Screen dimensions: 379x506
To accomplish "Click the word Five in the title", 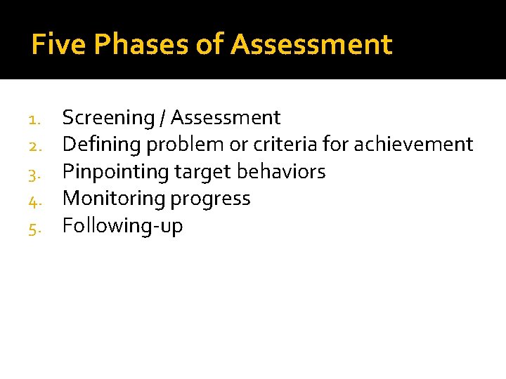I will click(58, 45).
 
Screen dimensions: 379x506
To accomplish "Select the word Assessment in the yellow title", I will click(311, 45).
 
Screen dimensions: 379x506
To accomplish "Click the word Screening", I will click(108, 118).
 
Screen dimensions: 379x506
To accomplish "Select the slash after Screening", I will click(163, 118).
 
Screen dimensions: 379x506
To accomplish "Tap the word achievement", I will click(413, 145).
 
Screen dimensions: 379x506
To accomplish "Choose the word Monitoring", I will click(110, 199).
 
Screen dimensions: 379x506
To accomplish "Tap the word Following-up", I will click(122, 226).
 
